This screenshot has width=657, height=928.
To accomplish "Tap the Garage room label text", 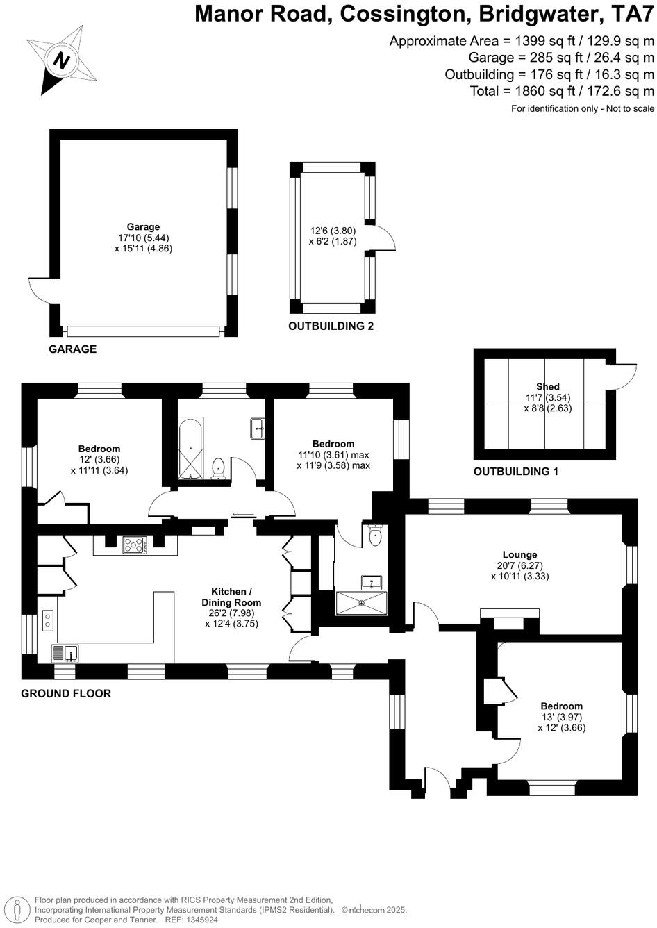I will tap(143, 226).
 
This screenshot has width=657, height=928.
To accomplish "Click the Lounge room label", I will tap(519, 554).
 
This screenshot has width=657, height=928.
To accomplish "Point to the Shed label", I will tap(547, 386).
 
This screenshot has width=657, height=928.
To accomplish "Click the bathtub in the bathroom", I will tap(190, 449).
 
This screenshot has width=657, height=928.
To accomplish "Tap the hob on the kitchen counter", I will tap(135, 545).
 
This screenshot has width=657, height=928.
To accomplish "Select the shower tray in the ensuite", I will tap(361, 602).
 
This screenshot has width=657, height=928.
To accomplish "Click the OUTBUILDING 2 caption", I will tap(331, 326).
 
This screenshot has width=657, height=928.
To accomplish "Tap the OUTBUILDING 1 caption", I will tap(515, 472).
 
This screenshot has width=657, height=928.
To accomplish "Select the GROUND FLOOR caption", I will tap(66, 693).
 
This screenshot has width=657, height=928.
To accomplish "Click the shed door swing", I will tap(624, 376).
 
